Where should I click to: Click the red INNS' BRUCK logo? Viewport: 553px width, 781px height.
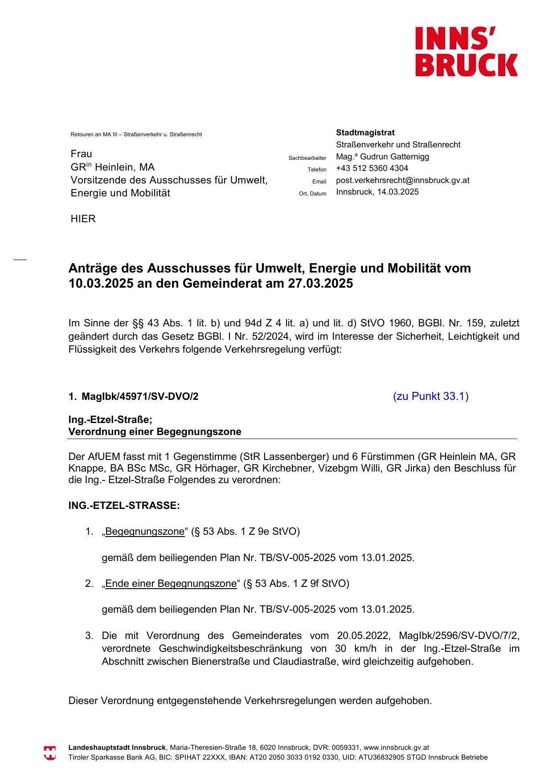466,51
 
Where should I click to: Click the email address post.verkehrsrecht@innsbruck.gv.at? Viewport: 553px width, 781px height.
402,180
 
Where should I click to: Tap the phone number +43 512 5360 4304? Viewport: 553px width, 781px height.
372,168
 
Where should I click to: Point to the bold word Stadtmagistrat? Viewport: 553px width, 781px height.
365,133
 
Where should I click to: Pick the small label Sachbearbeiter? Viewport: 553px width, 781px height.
307,158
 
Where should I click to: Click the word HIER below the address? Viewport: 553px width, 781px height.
83,219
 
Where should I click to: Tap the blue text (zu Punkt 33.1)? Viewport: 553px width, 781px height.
430,396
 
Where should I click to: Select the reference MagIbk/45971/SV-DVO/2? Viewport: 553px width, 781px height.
140,397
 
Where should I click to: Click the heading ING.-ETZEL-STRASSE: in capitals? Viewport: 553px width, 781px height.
124,506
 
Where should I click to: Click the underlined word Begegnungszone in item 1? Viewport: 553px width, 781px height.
144,532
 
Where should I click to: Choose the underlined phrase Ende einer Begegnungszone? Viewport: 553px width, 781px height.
171,584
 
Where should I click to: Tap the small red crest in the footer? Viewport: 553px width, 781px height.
50,753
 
